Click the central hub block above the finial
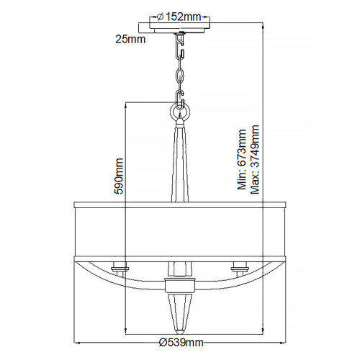click(179, 284)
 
